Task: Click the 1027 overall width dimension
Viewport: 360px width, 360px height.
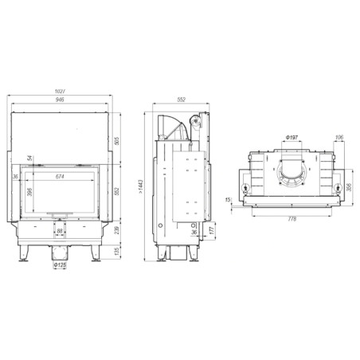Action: click(60, 92)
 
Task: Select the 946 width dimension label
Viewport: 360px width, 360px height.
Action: click(61, 100)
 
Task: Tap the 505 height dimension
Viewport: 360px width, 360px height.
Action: click(118, 141)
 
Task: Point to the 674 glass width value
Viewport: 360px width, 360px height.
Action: click(61, 176)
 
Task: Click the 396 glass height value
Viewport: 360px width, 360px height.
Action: click(29, 192)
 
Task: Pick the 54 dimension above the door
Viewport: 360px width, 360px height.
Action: click(29, 158)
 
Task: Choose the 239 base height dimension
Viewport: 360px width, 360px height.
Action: click(118, 230)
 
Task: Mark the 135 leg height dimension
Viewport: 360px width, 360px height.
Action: click(118, 251)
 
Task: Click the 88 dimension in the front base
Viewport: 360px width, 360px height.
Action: click(60, 231)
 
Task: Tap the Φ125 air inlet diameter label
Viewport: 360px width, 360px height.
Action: click(60, 265)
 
